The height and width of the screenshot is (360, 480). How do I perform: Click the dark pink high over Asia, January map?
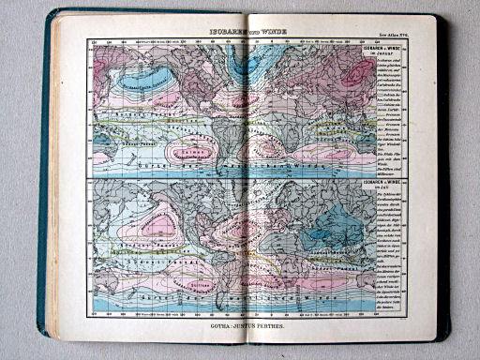[x=355, y=69]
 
